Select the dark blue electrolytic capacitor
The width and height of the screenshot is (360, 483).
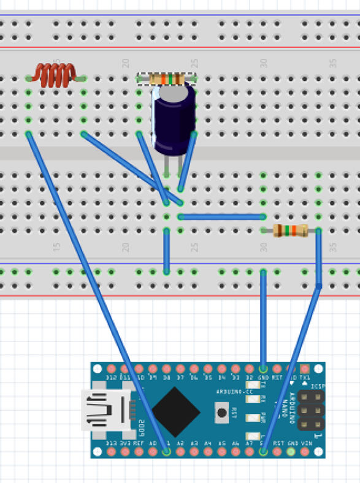pyautogui.click(x=174, y=119)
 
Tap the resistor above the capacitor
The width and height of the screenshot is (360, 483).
pyautogui.click(x=167, y=78)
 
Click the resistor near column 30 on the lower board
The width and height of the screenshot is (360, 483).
pyautogui.click(x=290, y=230)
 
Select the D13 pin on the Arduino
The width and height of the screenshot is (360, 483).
pyautogui.click(x=112, y=452)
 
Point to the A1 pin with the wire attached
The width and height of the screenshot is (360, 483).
pyautogui.click(x=167, y=452)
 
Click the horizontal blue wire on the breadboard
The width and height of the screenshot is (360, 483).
pyautogui.click(x=221, y=216)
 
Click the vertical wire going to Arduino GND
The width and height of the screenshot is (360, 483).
pyautogui.click(x=263, y=319)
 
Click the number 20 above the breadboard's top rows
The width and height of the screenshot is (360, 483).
pyautogui.click(x=126, y=63)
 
